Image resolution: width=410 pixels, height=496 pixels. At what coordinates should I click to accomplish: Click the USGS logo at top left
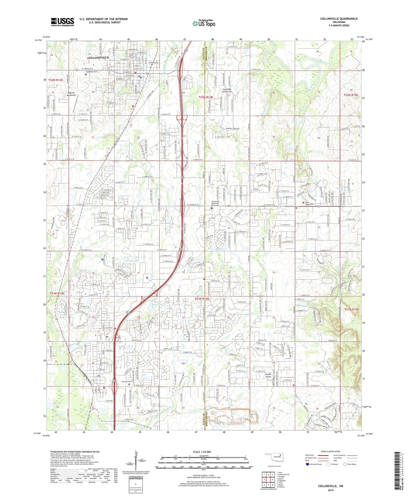(62, 22)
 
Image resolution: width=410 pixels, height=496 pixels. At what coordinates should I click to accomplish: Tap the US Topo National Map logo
(204, 23)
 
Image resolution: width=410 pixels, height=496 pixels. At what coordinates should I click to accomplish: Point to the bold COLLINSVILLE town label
(98, 58)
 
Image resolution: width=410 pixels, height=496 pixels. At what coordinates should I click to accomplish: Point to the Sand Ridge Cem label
(309, 203)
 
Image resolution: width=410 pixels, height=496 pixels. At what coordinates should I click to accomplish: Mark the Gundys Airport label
(268, 376)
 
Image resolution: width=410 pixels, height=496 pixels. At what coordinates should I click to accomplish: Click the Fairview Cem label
(127, 382)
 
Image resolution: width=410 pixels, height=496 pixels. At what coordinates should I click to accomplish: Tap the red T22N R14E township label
(206, 97)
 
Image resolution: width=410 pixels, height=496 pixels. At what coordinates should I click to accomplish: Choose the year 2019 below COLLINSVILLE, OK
(330, 490)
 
